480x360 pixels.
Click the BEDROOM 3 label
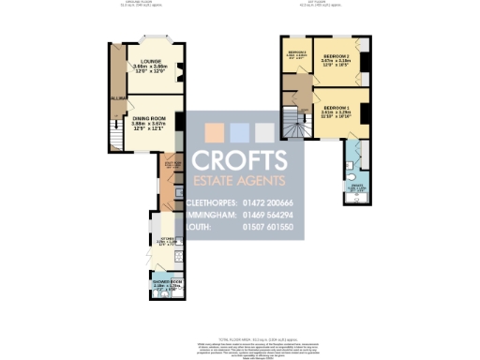(296, 53)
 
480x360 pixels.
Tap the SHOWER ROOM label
(165, 282)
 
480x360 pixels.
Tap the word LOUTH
(200, 227)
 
